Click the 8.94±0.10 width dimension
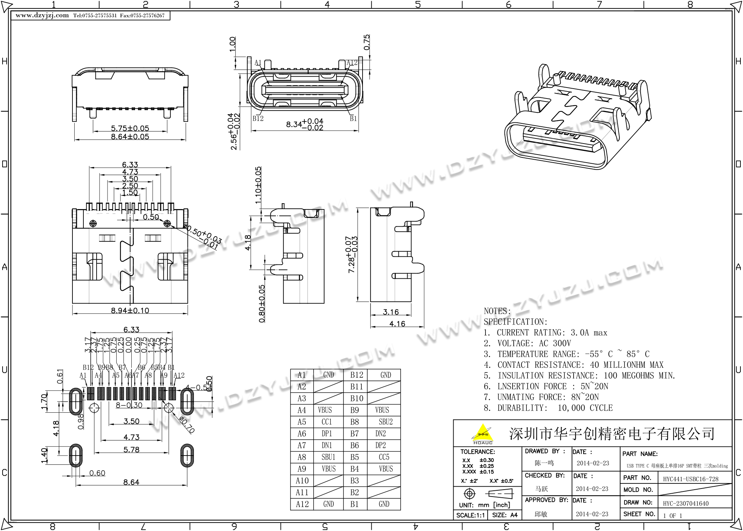130,311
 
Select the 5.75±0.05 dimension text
130,129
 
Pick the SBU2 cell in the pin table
386,422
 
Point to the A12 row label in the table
302,504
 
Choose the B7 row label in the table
354,434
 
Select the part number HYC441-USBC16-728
691,479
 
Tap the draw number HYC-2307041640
686,504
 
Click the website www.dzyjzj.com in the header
42,15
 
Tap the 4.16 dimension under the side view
397,324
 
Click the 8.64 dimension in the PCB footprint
131,482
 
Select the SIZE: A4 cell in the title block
505,515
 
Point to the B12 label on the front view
258,118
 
